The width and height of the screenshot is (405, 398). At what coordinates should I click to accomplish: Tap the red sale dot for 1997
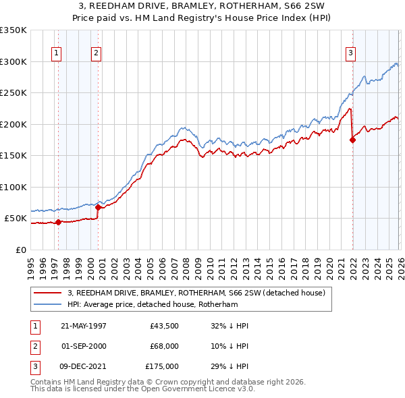coord(58,222)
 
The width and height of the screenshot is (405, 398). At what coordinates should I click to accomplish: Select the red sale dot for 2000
coord(98,207)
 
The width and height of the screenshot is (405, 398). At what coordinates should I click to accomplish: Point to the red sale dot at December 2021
coord(352,140)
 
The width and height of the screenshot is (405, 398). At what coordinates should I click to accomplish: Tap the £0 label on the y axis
coord(20,250)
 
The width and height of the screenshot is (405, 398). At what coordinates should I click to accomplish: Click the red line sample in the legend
coord(47,293)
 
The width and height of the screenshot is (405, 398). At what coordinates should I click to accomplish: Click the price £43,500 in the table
coord(165,326)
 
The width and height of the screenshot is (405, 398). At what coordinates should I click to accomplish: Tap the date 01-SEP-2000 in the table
coord(84,346)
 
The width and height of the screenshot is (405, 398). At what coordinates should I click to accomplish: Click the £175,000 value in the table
coord(163,366)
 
